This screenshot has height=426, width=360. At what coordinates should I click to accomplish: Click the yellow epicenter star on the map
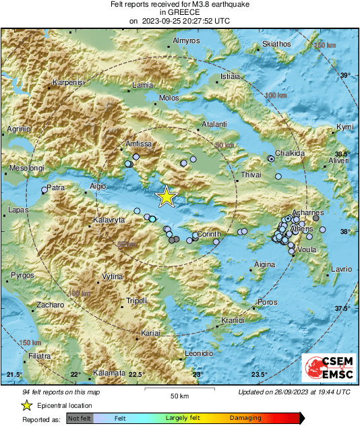166,196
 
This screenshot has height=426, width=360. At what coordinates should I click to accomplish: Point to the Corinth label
208,234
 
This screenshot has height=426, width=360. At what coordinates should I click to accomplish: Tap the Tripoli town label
136,301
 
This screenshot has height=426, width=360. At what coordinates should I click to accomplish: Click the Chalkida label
290,154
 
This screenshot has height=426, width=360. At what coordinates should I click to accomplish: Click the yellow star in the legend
26,405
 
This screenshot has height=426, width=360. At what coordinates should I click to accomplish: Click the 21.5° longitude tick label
14,375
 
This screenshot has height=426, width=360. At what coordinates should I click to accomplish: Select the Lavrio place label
340,270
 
